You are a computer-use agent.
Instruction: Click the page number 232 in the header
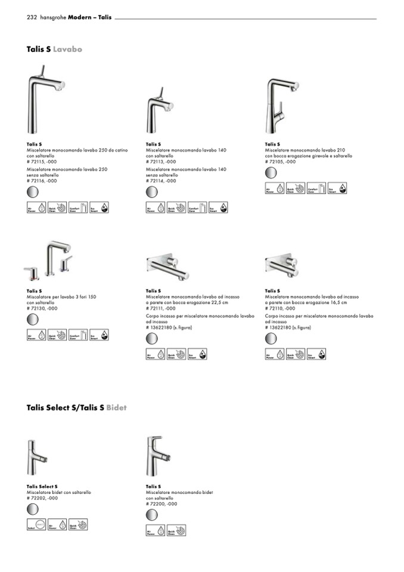click(32, 18)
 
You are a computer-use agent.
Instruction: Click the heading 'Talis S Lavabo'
click(54, 49)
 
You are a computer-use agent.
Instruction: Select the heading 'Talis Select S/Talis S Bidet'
click(76, 408)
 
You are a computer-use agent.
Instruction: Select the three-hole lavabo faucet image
click(49, 259)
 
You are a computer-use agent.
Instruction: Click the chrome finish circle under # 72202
click(33, 509)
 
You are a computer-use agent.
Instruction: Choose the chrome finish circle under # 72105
click(271, 174)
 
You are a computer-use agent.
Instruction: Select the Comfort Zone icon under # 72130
click(78, 335)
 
